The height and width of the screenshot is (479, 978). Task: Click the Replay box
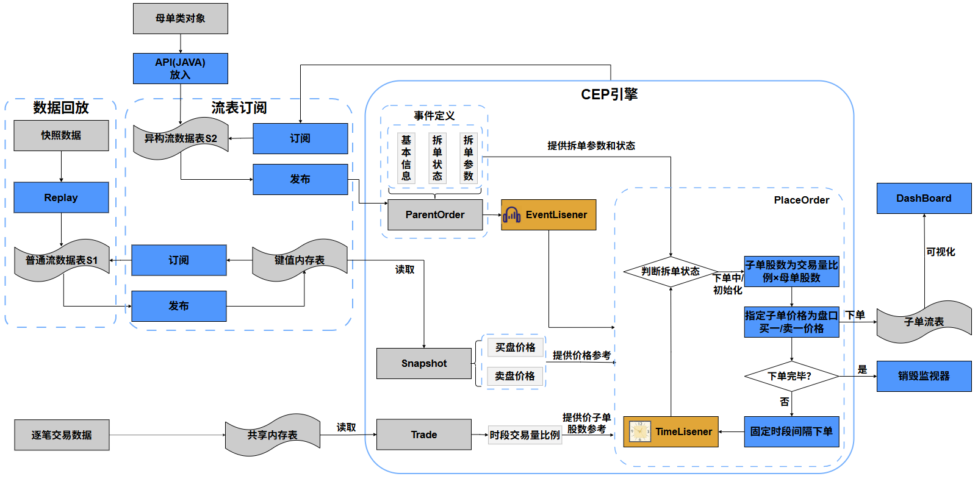click(61, 197)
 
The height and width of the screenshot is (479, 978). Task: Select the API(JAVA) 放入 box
click(181, 68)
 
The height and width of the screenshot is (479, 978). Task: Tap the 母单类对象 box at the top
click(181, 18)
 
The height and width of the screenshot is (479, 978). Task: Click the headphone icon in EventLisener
click(512, 215)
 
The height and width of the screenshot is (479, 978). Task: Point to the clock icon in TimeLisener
click(640, 431)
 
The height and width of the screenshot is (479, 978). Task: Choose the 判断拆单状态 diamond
click(671, 271)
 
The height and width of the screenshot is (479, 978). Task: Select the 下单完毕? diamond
click(791, 376)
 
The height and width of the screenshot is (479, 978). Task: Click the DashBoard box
click(924, 199)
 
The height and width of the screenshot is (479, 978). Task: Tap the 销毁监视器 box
click(924, 376)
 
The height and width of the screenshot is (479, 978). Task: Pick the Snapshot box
click(424, 363)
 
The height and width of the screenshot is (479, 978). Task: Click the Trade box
click(424, 435)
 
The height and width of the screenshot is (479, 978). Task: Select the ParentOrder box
click(435, 215)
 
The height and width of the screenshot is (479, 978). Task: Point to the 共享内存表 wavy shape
click(273, 435)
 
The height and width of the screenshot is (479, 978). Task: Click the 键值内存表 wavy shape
click(300, 260)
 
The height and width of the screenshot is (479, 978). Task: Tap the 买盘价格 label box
click(515, 347)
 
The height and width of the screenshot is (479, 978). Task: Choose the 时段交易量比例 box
click(525, 435)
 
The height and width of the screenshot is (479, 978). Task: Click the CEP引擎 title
click(609, 94)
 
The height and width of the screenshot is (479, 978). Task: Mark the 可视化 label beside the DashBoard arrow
click(940, 252)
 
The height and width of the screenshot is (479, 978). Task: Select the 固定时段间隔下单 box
click(791, 431)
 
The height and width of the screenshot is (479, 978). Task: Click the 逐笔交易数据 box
click(62, 435)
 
